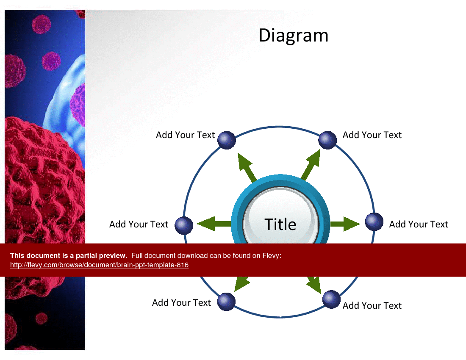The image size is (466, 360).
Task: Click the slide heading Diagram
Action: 293,36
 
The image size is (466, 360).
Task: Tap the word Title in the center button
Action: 280,224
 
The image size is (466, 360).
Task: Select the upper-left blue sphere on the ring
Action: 227,140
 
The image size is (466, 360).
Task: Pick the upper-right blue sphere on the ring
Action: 327,140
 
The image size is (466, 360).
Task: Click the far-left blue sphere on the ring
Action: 184,225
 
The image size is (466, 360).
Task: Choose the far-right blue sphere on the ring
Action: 374,222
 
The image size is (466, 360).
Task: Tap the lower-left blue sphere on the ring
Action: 226,302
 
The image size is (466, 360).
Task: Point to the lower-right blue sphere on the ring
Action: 331,299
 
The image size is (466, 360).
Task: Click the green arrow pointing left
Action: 214,224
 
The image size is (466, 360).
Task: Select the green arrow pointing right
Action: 345,224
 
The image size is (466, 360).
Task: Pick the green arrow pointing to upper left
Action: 247,167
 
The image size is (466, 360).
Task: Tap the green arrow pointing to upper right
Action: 311,165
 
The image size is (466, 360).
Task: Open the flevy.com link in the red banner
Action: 99,265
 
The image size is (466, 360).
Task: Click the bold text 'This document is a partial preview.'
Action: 69,255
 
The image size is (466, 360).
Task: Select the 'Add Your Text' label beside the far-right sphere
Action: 419,224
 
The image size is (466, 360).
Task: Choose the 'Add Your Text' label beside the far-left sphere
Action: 139,224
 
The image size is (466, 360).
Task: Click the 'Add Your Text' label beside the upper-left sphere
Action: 185,135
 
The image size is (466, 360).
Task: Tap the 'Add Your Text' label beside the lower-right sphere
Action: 372,305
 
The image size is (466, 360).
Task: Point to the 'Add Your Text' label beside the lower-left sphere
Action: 181,302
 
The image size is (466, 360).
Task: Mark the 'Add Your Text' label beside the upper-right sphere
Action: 372,135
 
